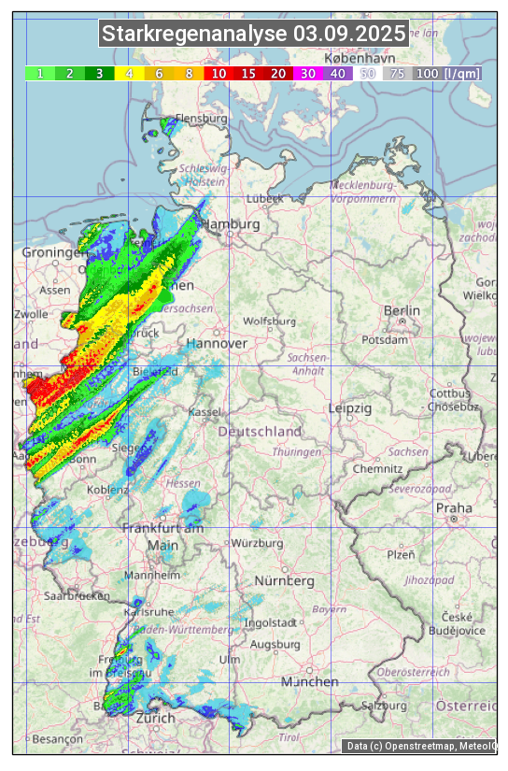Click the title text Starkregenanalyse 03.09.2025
pos(254,35)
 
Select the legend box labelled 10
pos(219,73)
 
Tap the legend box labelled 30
pos(307,73)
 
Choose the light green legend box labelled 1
pos(39,73)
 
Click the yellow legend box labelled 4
pos(129,73)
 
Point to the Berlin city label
pos(402,310)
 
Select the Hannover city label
pos(217,343)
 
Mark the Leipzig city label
pos(349,408)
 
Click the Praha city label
pos(454,507)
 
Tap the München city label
pos(310,682)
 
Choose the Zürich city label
pos(155,718)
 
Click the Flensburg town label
pos(201,120)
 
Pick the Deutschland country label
pos(260,432)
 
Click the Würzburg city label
pos(257,543)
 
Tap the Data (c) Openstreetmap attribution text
pos(420,746)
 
